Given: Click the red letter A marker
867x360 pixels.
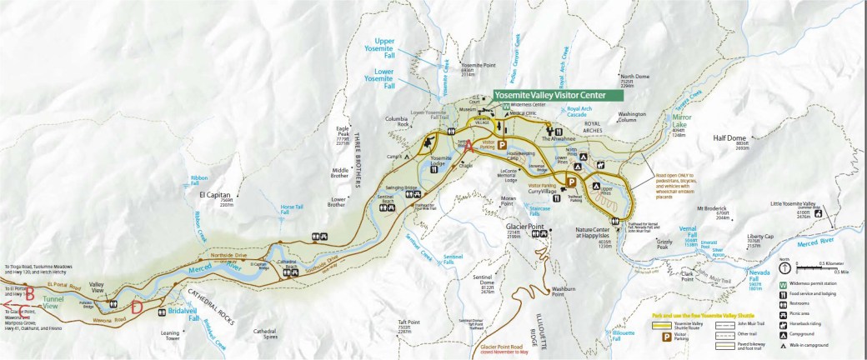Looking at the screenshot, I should [468, 145].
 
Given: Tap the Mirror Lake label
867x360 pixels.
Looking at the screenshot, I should [681, 122].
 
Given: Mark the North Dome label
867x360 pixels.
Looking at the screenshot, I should [634, 76].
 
